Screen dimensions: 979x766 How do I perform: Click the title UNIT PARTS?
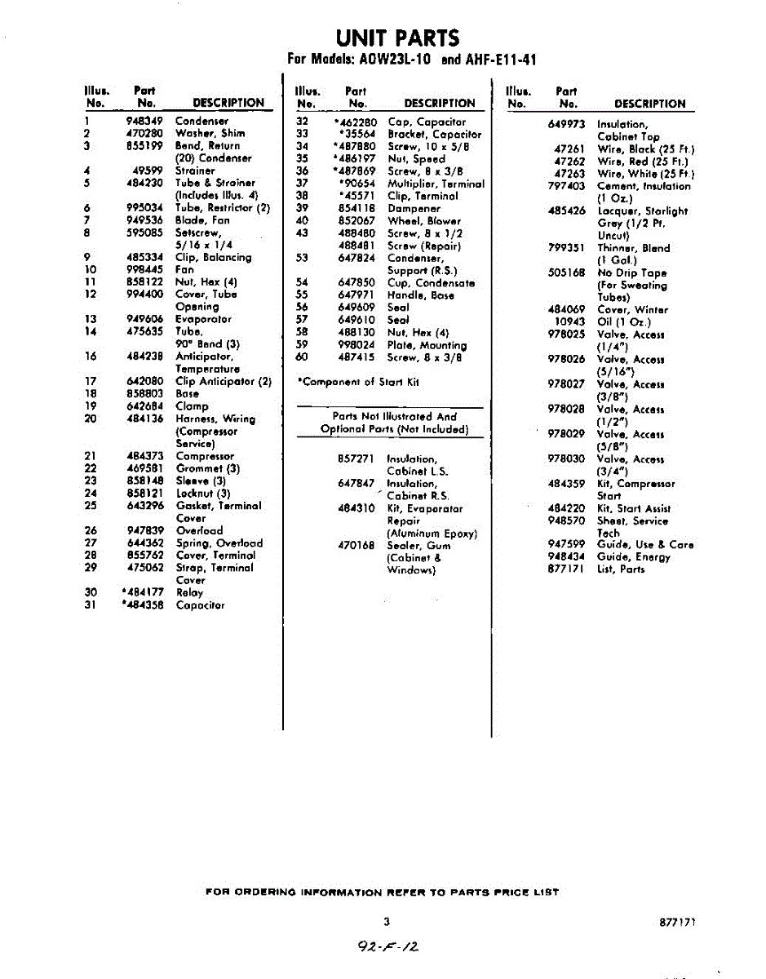pos(397,38)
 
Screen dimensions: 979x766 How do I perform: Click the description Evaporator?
pos(204,319)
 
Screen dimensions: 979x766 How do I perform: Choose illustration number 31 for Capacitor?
pos(91,605)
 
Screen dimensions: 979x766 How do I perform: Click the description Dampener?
pos(414,208)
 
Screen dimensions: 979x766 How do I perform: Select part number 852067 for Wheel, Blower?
pos(356,220)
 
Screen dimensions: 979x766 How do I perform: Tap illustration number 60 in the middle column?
pos(303,357)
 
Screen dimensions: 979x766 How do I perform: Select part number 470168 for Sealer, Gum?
pos(356,545)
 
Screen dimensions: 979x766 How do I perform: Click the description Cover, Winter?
pos(632,310)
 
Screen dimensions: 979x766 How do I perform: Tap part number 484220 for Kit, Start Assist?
pos(566,508)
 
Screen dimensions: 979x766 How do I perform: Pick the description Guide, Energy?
pos(634,557)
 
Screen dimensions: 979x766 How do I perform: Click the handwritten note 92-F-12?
pos(387,946)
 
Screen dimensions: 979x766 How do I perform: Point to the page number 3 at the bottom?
pos(387,922)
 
